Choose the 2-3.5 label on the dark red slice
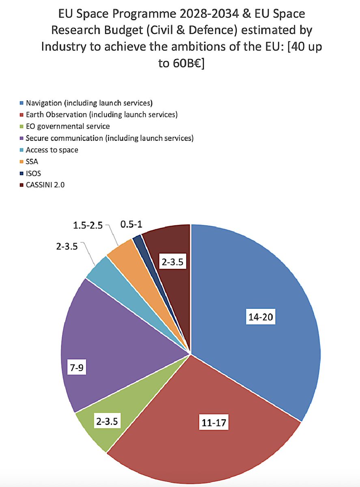(x=172, y=262)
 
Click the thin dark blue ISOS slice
(x=138, y=239)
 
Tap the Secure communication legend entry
(x=109, y=138)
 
